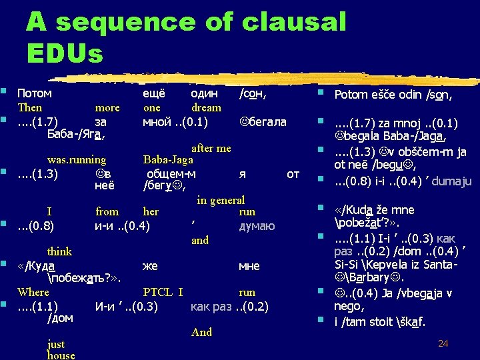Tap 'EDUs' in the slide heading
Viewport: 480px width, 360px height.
[x=65, y=53]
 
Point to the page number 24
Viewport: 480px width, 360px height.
[x=443, y=343]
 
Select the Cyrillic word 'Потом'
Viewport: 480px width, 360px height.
[x=35, y=94]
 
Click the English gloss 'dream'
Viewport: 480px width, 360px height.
[x=206, y=107]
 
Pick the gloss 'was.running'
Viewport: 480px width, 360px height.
[x=76, y=159]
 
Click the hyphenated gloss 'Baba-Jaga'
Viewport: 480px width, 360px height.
[x=168, y=159]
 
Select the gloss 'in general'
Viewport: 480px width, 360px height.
[x=221, y=200]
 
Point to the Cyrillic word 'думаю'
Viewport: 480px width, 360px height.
[x=257, y=226]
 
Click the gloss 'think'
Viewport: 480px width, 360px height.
[x=59, y=251]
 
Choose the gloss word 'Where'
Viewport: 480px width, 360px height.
[x=33, y=292]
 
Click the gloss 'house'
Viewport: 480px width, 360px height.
[x=61, y=355]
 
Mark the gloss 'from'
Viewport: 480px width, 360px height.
[x=107, y=211]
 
